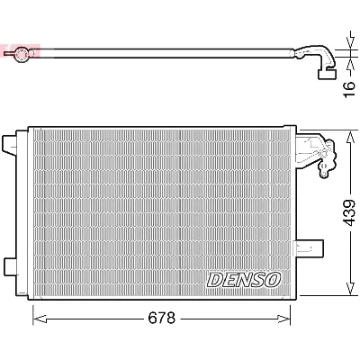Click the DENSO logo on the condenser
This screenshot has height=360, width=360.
click(245, 280)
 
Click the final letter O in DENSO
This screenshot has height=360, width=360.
click(274, 280)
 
